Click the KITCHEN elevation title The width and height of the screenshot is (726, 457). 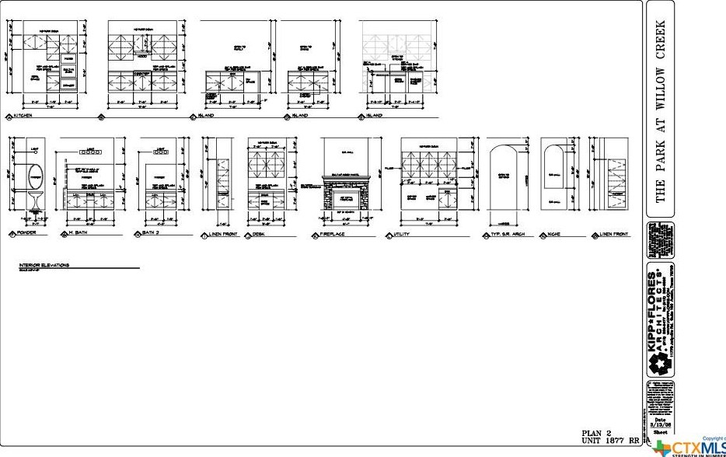click(21, 117)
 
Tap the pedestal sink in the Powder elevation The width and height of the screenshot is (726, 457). click(35, 200)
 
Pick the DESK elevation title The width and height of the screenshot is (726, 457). click(263, 234)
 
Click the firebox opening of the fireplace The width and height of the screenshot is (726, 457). click(347, 200)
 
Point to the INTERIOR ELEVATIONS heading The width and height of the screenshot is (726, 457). click(44, 265)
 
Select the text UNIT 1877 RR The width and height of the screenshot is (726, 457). click(610, 441)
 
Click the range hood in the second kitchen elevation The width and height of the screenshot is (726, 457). click(143, 57)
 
